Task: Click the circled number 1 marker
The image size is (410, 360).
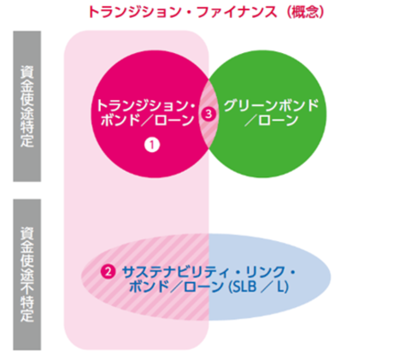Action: (152, 145)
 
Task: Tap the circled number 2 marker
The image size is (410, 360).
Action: (108, 272)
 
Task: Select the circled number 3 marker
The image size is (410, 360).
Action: (208, 114)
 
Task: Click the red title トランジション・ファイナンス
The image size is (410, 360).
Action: (183, 12)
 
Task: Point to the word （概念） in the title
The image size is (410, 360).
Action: (306, 12)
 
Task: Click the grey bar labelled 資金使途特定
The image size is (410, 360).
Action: (27, 106)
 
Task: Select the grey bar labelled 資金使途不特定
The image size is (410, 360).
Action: (27, 274)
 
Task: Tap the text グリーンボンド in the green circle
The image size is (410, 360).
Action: (271, 106)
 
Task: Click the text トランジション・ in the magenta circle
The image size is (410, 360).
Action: (146, 106)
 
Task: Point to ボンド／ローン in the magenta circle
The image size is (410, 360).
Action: (147, 121)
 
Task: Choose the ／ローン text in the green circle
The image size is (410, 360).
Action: (271, 121)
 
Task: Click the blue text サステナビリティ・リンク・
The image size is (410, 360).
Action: (208, 272)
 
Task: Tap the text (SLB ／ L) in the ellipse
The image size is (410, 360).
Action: (259, 286)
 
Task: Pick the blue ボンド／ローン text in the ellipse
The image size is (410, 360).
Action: (176, 286)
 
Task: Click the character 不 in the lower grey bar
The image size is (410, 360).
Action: (27, 285)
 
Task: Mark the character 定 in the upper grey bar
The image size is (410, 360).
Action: (27, 140)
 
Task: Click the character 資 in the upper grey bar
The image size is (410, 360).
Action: (27, 72)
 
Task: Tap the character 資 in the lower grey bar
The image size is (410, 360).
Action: (27, 233)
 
